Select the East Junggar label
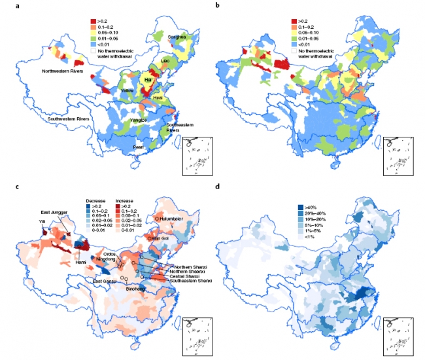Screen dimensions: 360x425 [x=54, y=211]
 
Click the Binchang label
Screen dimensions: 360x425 [x=135, y=287]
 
